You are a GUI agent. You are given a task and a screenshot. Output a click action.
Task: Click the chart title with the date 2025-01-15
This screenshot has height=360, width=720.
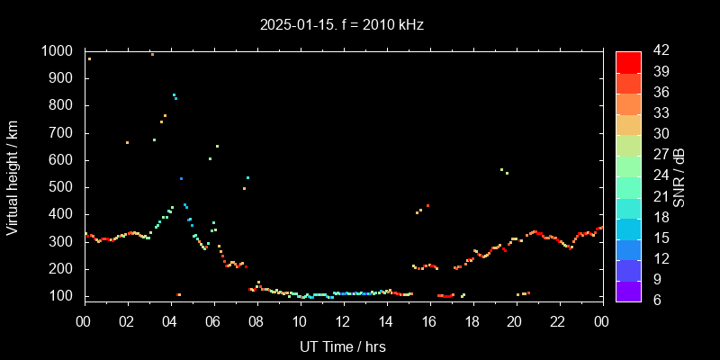pyautogui.click(x=341, y=25)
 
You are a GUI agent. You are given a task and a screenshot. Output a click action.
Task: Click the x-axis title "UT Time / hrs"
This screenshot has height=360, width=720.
pyautogui.click(x=343, y=346)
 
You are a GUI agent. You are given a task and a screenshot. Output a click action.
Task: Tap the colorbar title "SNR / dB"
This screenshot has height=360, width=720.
pyautogui.click(x=679, y=175)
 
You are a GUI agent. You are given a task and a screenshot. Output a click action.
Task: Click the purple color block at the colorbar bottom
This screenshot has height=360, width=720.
pyautogui.click(x=628, y=291)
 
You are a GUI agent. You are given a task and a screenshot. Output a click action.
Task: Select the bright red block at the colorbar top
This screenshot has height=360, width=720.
pyautogui.click(x=628, y=61)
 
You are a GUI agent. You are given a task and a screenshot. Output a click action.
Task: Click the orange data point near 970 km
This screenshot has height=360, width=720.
pyautogui.click(x=89, y=58)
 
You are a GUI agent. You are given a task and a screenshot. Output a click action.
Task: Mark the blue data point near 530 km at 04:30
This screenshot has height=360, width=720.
pyautogui.click(x=181, y=178)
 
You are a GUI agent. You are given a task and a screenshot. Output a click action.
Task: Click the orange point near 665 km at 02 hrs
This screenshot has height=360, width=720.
pyautogui.click(x=127, y=142)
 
